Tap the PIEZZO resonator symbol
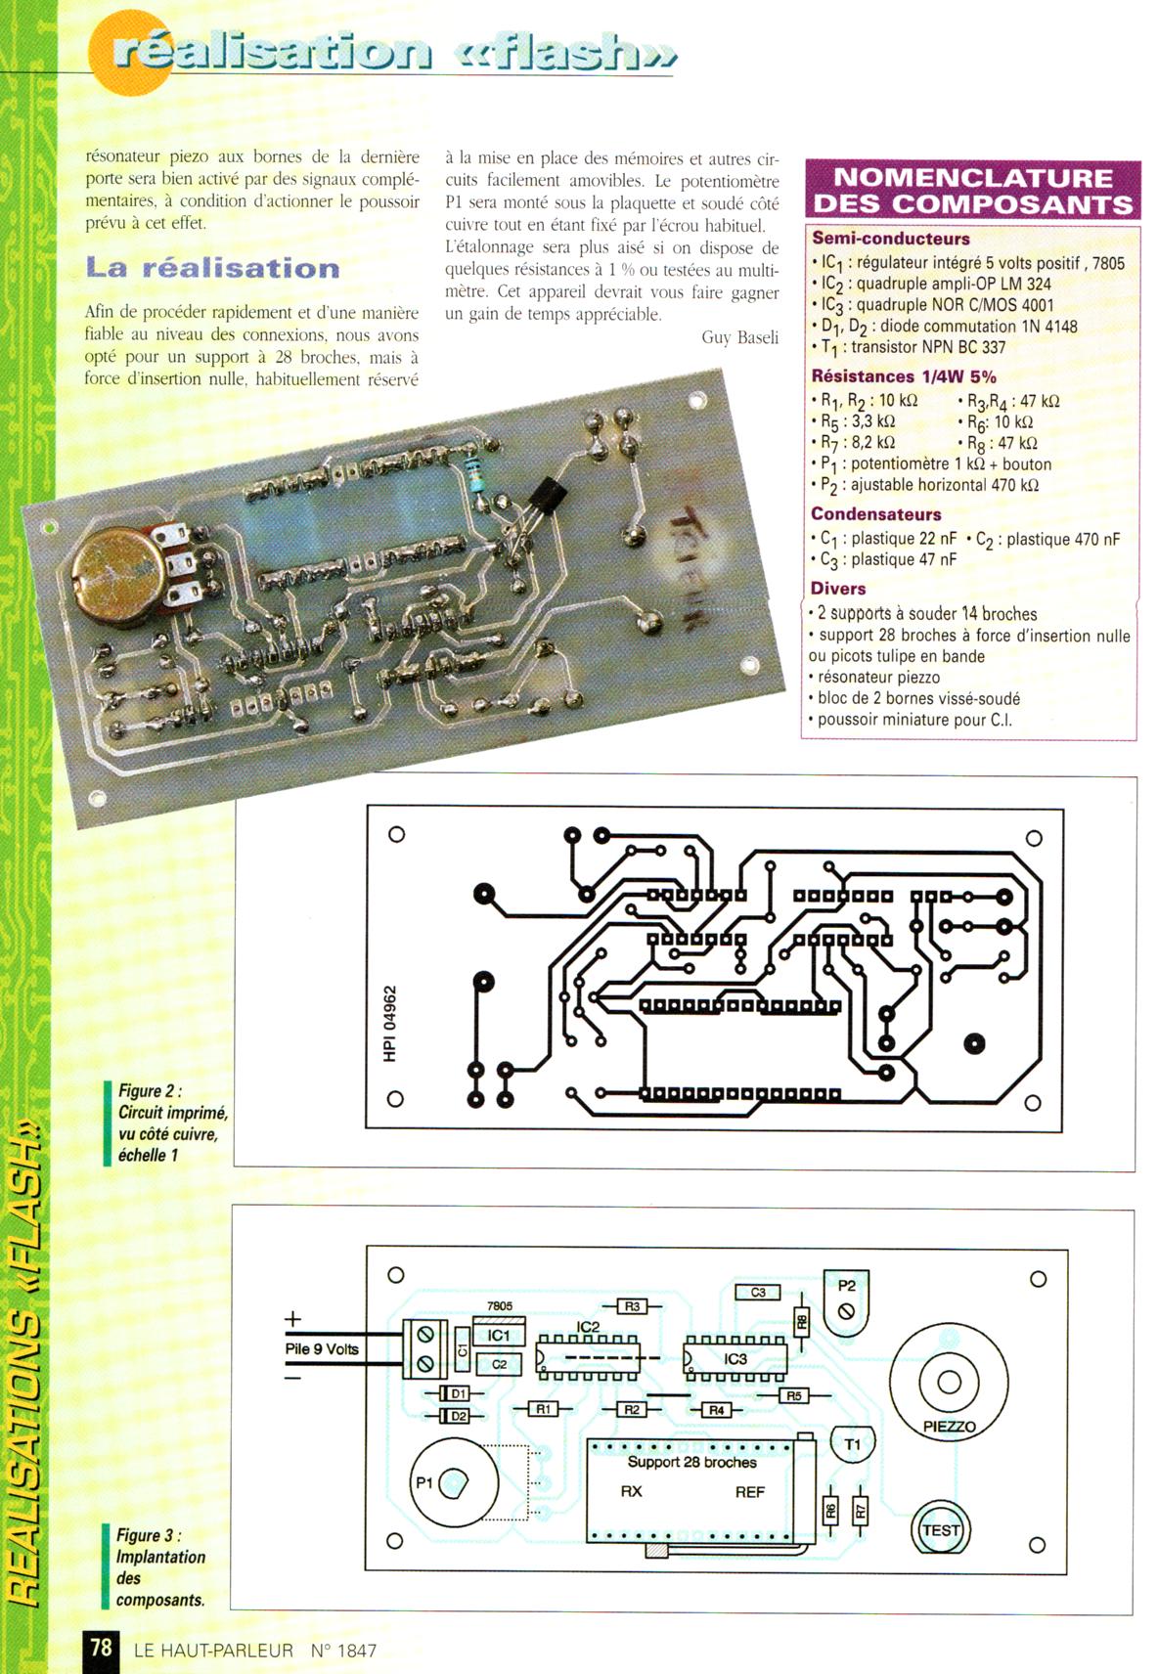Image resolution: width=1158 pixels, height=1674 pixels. point(949,1383)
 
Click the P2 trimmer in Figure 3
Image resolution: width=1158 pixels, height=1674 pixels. point(846,1303)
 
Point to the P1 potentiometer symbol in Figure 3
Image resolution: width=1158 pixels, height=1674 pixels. point(453,1484)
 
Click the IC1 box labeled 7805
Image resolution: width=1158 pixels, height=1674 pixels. point(499,1335)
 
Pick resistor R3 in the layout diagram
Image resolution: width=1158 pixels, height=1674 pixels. point(632,1306)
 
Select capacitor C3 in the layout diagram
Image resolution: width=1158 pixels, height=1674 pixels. point(758,1293)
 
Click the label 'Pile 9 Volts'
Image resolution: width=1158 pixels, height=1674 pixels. point(322,1349)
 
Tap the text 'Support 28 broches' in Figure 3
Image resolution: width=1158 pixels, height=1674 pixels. point(691,1463)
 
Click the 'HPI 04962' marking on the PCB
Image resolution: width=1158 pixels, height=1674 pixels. point(390,1023)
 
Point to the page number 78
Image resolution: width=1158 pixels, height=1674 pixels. point(101,1648)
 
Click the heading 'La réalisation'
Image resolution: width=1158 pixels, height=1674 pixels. point(212,268)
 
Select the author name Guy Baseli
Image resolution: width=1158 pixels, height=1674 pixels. point(739,337)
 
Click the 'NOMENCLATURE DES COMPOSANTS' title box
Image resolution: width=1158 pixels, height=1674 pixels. point(972,191)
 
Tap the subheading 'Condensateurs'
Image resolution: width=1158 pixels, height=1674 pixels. point(875,514)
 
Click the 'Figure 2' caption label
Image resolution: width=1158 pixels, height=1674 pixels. point(150,1091)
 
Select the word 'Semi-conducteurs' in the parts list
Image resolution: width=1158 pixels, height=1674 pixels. point(890,239)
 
